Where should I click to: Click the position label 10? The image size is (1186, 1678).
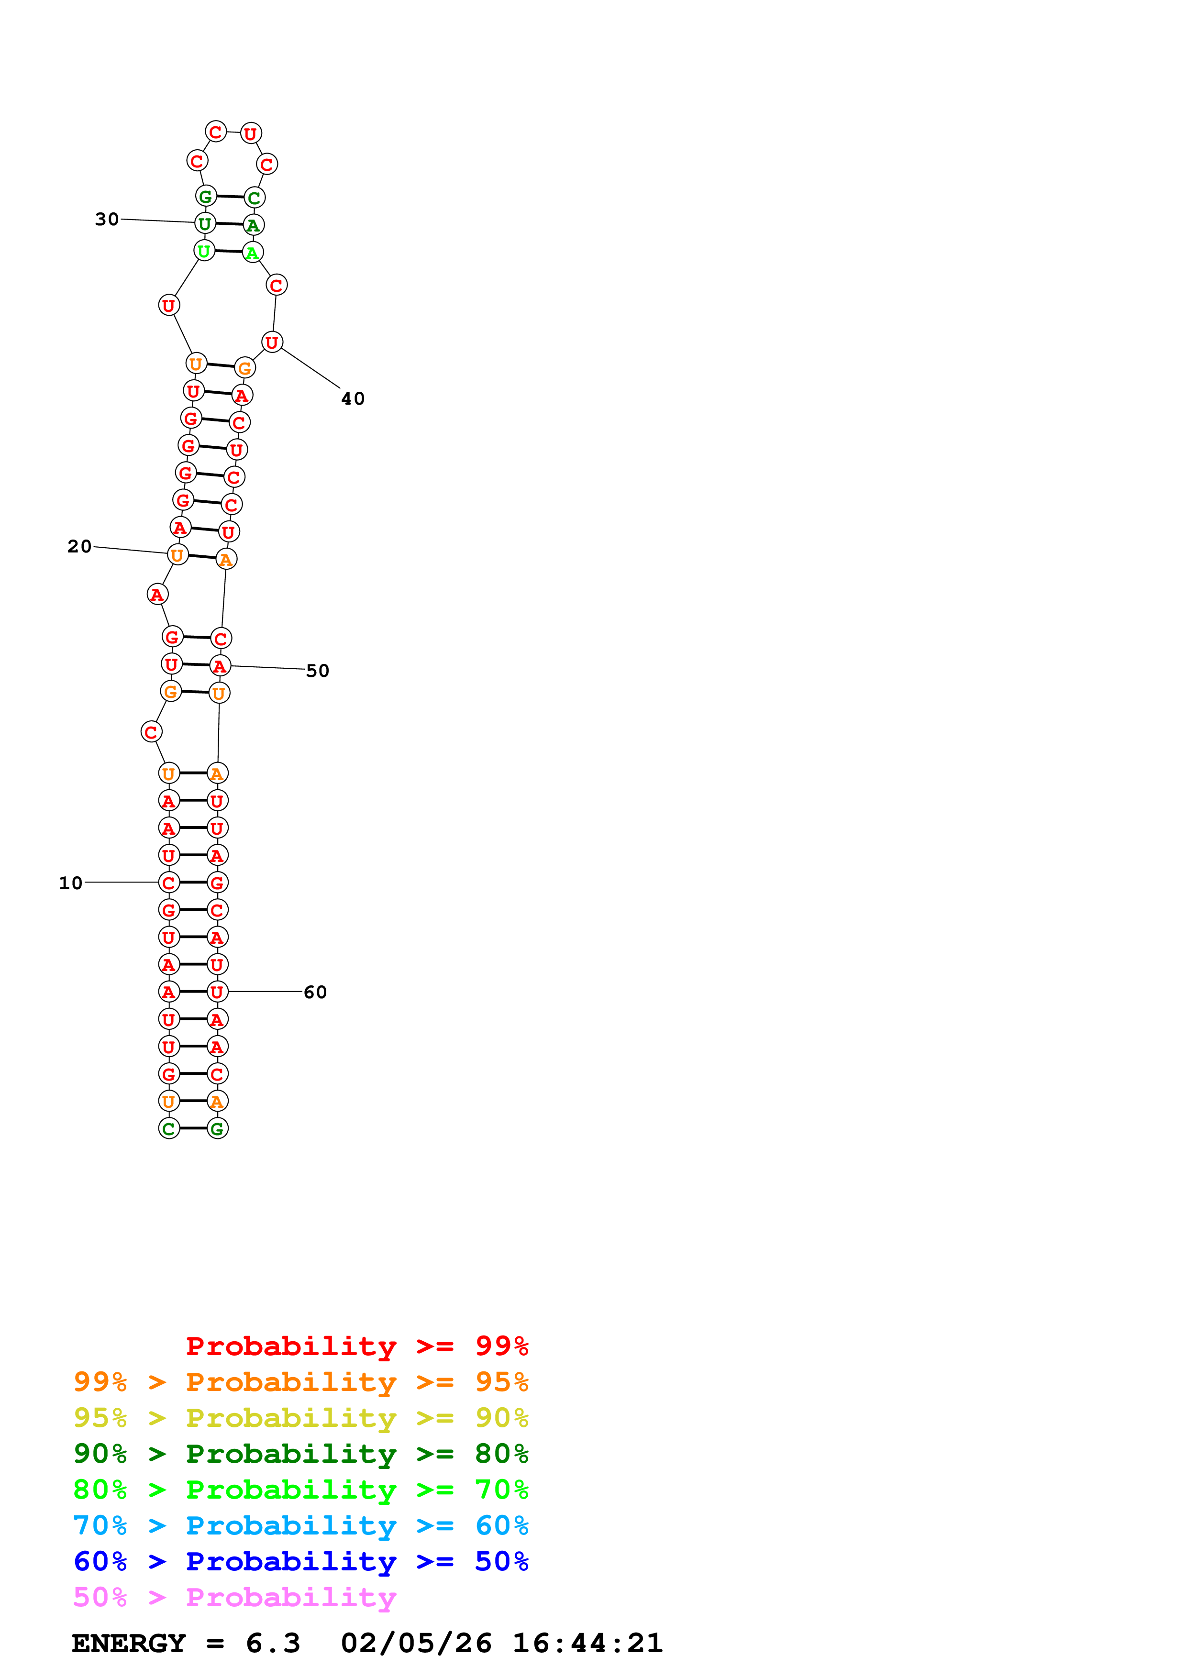click(71, 883)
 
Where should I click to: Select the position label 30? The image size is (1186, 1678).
click(107, 219)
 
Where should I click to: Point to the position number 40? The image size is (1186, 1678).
click(353, 398)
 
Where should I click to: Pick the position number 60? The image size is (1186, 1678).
click(315, 992)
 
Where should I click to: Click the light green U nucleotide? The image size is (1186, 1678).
click(204, 251)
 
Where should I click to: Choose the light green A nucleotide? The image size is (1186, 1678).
click(252, 253)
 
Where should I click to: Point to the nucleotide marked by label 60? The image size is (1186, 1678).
click(217, 992)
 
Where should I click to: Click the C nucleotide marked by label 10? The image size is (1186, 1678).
click(169, 883)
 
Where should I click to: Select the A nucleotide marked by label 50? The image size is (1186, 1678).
click(219, 666)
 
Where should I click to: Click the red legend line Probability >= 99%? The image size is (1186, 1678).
click(356, 1346)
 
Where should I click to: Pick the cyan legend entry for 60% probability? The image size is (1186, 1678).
click(300, 1525)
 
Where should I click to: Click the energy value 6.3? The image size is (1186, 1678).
click(273, 1643)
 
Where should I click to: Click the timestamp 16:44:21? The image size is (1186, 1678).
click(587, 1643)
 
